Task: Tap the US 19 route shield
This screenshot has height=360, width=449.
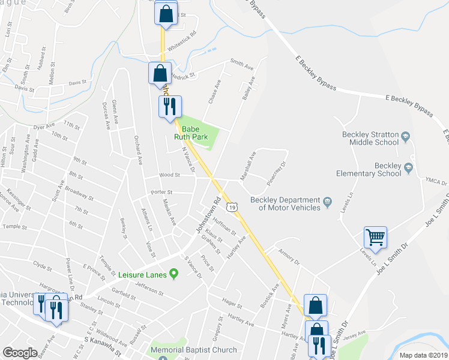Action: pos(232,206)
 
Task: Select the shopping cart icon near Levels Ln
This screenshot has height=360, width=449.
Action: pos(375,238)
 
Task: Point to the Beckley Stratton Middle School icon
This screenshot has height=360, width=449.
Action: pos(405,137)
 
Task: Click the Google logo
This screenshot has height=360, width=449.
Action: pos(20,353)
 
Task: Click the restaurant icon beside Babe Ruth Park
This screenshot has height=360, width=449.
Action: pos(169,107)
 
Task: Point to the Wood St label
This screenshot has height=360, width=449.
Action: pos(169,175)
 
